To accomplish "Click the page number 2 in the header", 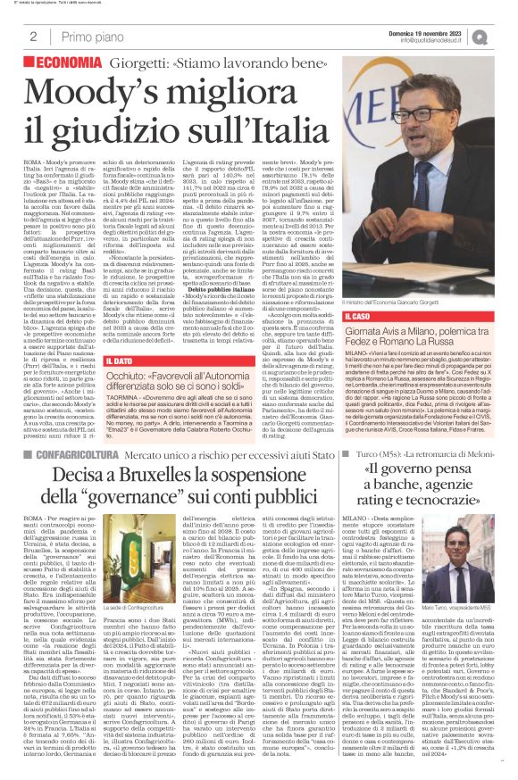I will pyautogui.click(x=32, y=37).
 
